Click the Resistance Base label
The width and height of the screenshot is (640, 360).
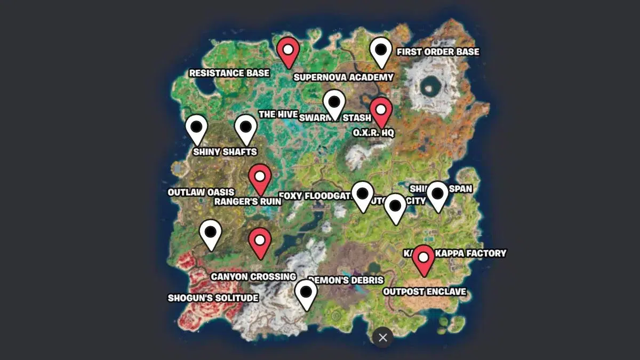point(229,73)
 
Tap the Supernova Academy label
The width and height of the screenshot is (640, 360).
point(343,77)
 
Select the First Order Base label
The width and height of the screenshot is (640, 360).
point(437,52)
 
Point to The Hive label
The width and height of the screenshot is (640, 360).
point(274,115)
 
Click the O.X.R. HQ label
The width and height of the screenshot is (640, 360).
point(373,132)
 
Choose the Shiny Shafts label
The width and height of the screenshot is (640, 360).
point(225,152)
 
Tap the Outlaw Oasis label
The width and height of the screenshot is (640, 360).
point(201,192)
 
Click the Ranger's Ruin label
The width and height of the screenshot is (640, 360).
point(247,202)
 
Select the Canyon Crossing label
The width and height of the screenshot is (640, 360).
point(253,277)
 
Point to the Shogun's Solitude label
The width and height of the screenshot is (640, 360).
point(213,298)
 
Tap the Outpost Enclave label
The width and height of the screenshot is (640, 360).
point(425,292)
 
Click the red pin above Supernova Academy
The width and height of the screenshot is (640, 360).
point(288,51)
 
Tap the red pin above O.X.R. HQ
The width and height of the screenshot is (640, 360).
point(381,111)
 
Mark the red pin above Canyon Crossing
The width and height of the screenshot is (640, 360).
point(260,241)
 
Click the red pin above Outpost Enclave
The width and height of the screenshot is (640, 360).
point(423,259)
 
